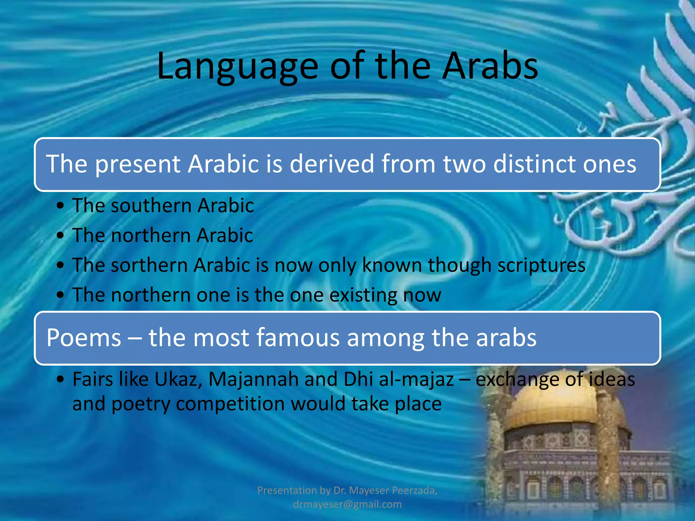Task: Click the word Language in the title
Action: pyautogui.click(x=237, y=66)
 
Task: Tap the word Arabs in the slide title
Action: pyautogui.click(x=490, y=66)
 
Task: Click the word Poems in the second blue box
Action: pyautogui.click(x=84, y=337)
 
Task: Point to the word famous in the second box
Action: pyautogui.click(x=298, y=337)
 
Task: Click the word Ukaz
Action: pyautogui.click(x=178, y=379)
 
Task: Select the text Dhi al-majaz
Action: pyautogui.click(x=398, y=379)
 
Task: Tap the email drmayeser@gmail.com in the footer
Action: pyautogui.click(x=347, y=504)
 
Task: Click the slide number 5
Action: pyautogui.click(x=650, y=498)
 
